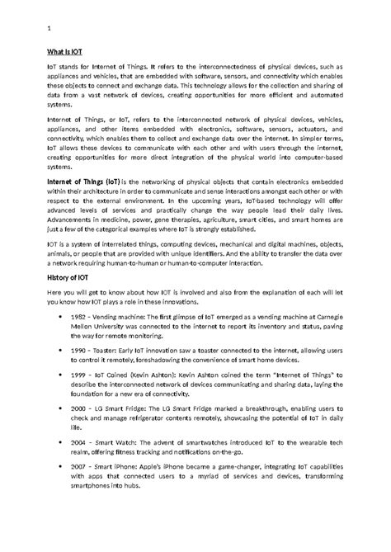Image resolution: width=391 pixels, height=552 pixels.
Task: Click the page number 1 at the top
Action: tap(49, 31)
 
